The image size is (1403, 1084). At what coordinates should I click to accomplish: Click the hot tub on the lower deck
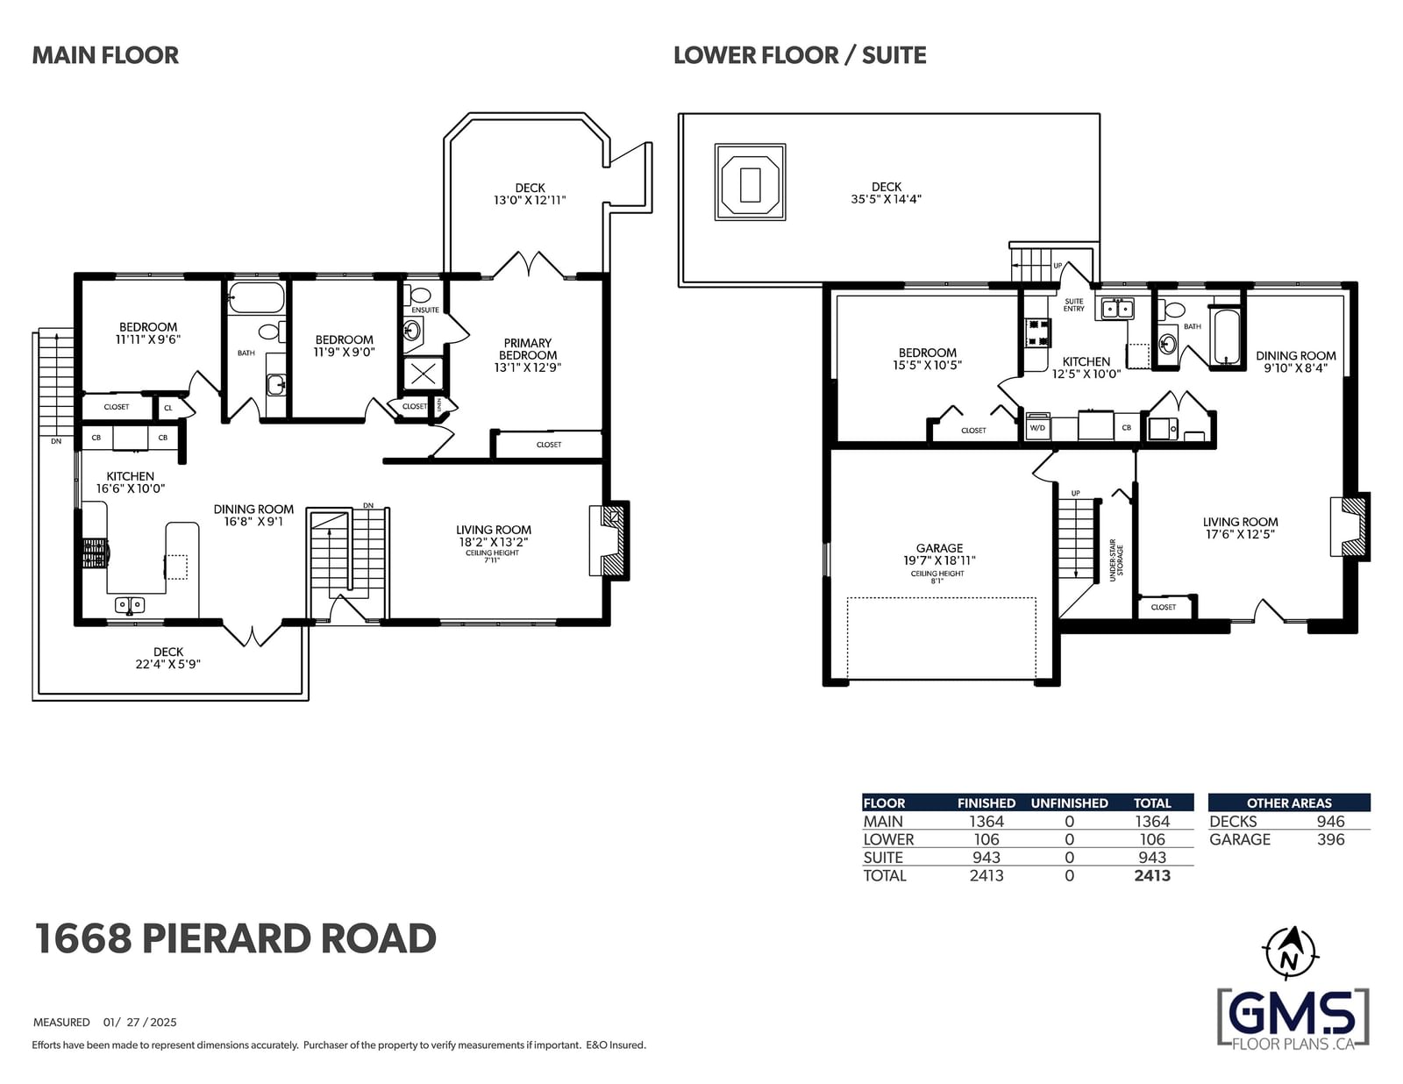tap(750, 182)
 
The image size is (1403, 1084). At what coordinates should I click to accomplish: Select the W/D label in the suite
tap(1037, 428)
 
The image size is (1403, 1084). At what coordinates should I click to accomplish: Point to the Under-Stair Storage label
tap(1116, 560)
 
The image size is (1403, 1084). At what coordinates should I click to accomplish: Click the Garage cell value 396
tap(1331, 839)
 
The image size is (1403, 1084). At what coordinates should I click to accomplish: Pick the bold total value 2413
tap(1152, 875)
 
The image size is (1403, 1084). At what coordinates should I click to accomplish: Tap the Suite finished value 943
tap(986, 858)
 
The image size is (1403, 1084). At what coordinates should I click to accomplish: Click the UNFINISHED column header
tap(1069, 803)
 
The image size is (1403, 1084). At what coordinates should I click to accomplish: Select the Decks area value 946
tap(1331, 821)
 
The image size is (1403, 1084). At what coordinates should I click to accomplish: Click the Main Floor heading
tap(105, 55)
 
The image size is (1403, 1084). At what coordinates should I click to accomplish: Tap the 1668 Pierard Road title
tap(236, 938)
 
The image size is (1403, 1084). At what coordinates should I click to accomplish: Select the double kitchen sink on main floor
tap(129, 605)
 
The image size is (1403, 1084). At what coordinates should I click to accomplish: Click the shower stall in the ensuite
tap(424, 374)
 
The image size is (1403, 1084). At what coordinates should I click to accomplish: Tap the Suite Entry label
tap(1073, 304)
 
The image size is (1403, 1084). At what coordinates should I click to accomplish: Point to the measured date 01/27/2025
tap(139, 1022)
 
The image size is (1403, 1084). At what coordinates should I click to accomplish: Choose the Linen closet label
tap(439, 405)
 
